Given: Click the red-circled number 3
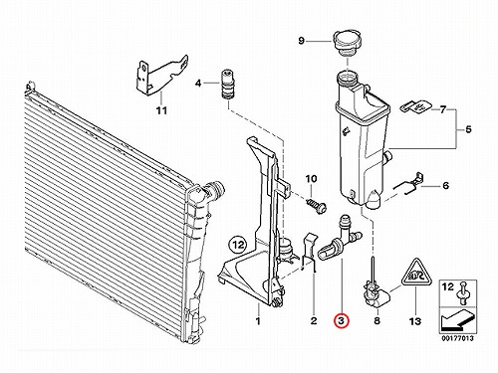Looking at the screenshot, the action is point(342,320).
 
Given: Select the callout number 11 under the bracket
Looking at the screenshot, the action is point(161,110).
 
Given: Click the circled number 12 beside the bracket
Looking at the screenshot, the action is point(239,245).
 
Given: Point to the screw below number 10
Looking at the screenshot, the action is point(317,206).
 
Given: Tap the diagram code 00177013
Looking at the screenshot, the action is point(457,339).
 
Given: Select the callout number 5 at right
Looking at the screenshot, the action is point(468,129).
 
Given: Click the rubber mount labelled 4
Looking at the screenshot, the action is point(227,85).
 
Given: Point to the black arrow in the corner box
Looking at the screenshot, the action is point(456,321).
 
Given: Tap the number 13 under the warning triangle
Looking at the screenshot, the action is point(415,320).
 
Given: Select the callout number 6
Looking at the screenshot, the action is point(445,185).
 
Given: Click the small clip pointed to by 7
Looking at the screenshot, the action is point(415,107).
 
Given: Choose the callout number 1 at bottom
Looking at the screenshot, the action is point(258,320).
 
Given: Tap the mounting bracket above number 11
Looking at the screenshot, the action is point(161,75).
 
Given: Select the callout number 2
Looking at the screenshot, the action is point(314,320).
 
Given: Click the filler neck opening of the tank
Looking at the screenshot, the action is point(347,79).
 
